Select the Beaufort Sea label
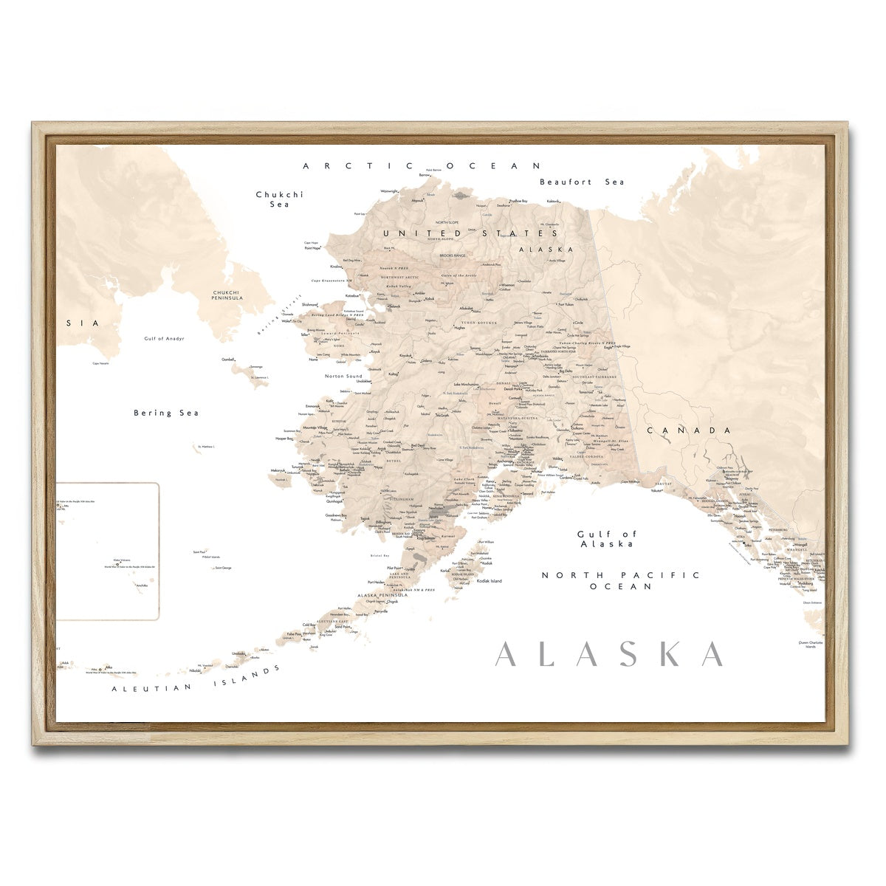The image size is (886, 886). tap(582, 182)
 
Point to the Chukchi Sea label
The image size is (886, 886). tap(279, 199)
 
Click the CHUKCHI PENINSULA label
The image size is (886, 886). tap(226, 295)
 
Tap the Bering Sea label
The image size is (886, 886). tap(166, 413)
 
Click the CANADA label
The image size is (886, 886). tap(689, 430)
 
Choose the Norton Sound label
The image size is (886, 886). tap(344, 377)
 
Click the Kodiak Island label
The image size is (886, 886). tap(489, 581)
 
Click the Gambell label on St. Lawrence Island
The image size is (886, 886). tap(227, 359)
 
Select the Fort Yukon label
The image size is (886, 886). tap(566, 304)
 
